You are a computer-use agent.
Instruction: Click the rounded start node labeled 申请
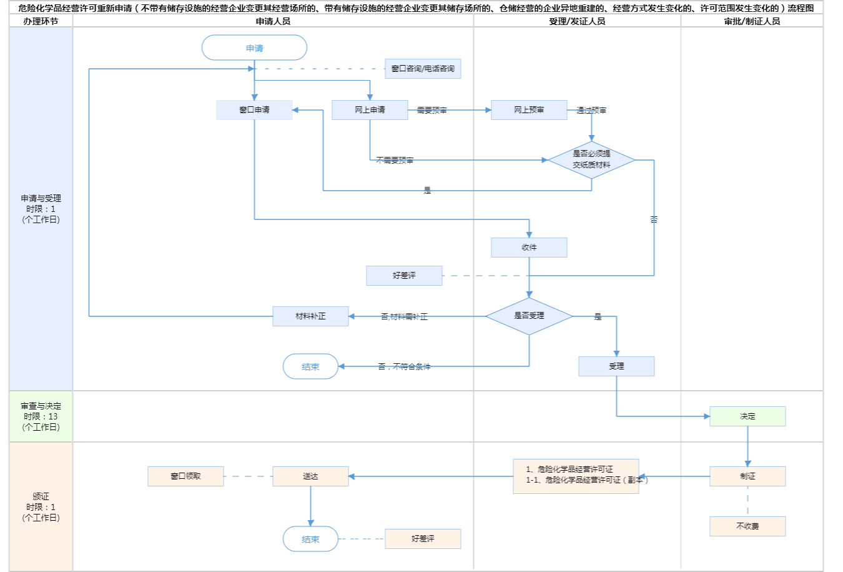tap(254, 48)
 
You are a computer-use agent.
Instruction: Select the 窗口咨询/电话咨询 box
tap(423, 69)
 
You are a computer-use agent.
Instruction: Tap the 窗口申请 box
tap(254, 110)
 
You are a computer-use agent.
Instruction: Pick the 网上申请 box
tap(370, 110)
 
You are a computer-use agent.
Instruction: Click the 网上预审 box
tap(529, 110)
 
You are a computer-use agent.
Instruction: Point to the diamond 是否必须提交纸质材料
tap(591, 159)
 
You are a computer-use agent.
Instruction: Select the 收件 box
tap(529, 248)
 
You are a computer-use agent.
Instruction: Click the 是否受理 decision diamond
tap(529, 316)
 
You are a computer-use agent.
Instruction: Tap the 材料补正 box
tap(310, 316)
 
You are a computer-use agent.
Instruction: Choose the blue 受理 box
tap(616, 366)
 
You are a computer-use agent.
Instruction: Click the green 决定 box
tap(747, 416)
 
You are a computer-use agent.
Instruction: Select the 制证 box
tap(747, 476)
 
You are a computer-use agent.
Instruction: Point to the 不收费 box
tap(747, 526)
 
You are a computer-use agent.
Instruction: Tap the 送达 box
tap(310, 476)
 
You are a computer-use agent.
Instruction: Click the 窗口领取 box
tap(185, 476)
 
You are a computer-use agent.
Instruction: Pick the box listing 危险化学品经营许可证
tap(576, 476)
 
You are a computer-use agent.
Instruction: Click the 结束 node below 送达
tap(310, 539)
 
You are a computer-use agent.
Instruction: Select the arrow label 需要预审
tap(431, 111)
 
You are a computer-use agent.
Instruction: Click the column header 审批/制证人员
tap(752, 21)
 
